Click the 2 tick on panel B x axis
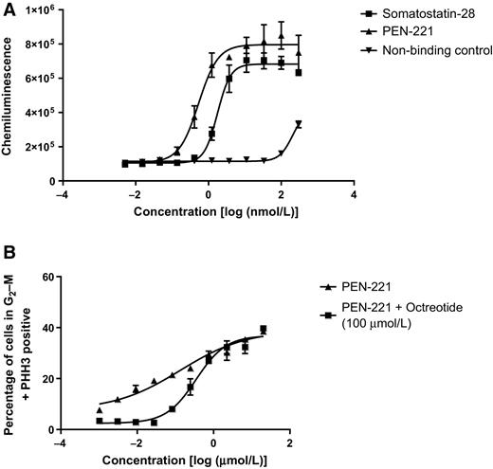290,445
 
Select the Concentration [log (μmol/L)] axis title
174,461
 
